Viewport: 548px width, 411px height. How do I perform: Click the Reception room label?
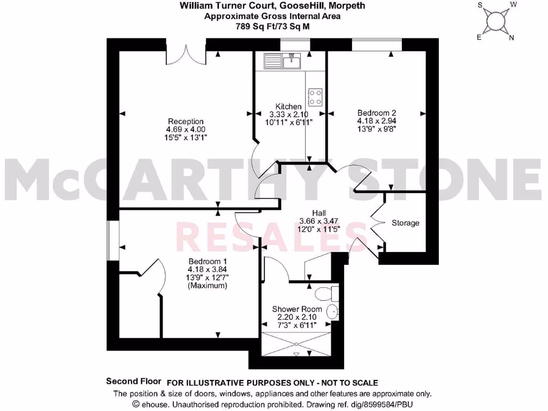click(186, 121)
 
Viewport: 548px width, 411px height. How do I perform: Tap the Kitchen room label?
click(288, 106)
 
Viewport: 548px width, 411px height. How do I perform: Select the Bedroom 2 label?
click(376, 113)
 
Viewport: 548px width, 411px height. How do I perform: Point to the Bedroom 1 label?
click(207, 262)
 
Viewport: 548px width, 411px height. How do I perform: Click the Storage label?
click(405, 223)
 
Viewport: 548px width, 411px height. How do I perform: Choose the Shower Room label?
click(297, 309)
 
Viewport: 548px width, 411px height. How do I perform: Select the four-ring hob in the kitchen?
click(315, 97)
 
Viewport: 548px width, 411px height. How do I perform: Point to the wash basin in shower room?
click(332, 311)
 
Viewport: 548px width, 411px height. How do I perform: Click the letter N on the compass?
click(511, 37)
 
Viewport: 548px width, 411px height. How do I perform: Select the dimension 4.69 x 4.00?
click(186, 130)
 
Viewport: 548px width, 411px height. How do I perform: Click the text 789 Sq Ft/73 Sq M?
click(273, 25)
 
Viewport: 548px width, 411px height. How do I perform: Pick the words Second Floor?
click(134, 382)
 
